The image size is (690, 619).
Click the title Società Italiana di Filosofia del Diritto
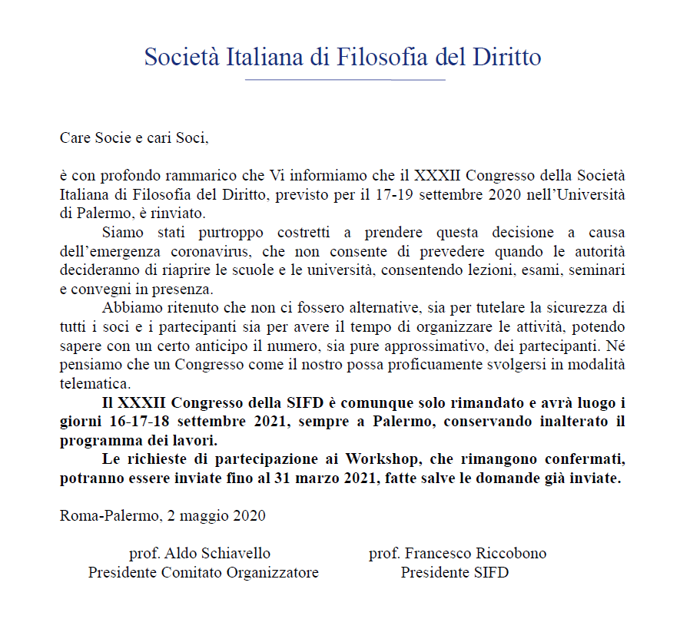343,58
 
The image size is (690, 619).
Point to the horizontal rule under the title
344,80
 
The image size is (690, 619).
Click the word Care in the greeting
75,138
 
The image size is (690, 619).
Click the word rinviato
181,213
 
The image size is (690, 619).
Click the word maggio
203,515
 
